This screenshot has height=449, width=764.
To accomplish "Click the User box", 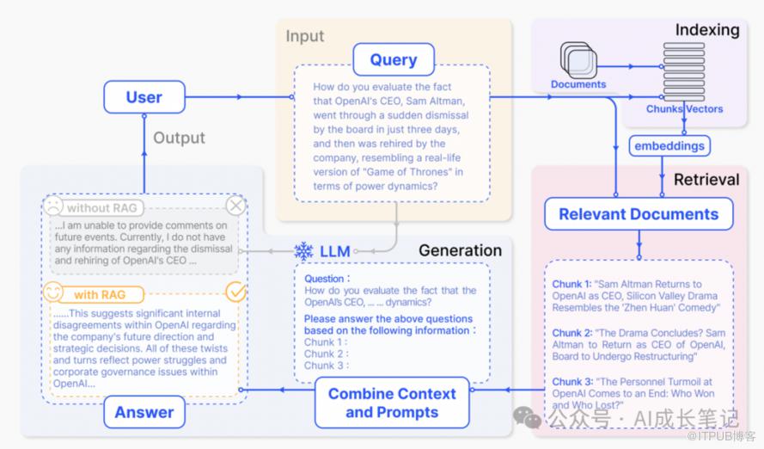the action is pyautogui.click(x=144, y=97).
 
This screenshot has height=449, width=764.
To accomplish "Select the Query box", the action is pyautogui.click(x=394, y=59).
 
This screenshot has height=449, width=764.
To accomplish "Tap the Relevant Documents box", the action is pyautogui.click(x=639, y=214).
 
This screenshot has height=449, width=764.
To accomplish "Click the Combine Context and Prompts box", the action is pyautogui.click(x=392, y=403).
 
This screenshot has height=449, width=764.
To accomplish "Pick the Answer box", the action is pyautogui.click(x=144, y=412).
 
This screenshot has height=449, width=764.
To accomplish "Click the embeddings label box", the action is pyautogui.click(x=669, y=145).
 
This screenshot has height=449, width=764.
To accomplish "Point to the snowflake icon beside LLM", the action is pyautogui.click(x=303, y=250).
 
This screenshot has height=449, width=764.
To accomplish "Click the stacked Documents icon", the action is pyautogui.click(x=578, y=60).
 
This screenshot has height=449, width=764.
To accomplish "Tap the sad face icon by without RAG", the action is pyautogui.click(x=53, y=206).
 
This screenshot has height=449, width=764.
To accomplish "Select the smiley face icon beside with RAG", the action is pyautogui.click(x=53, y=292).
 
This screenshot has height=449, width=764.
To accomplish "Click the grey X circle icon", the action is pyautogui.click(x=235, y=206).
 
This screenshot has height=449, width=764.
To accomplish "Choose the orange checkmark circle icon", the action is pyautogui.click(x=236, y=292).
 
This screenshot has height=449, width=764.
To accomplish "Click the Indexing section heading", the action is pyautogui.click(x=707, y=30).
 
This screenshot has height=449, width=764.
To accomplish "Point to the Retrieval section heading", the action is pyautogui.click(x=706, y=180).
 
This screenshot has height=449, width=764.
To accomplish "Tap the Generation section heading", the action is pyautogui.click(x=460, y=250).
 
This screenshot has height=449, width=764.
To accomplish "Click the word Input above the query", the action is pyautogui.click(x=304, y=36).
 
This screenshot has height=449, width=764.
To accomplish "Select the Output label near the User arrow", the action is pyautogui.click(x=179, y=138).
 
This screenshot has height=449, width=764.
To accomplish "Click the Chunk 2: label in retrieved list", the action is pyautogui.click(x=572, y=333).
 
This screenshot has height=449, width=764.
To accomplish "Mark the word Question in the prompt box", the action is pyautogui.click(x=324, y=279).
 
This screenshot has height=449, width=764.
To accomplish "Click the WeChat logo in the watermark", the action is pyautogui.click(x=527, y=417).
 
